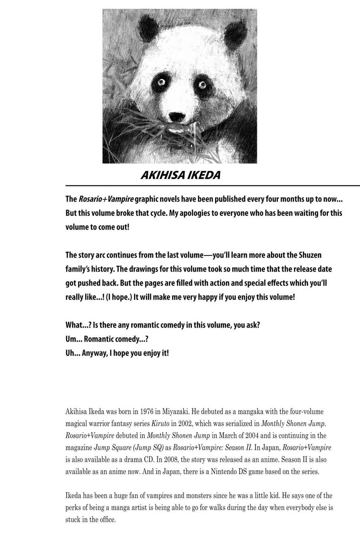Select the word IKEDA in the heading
[205, 175]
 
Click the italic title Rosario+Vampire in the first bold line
[106, 199]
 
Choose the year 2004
[256, 436]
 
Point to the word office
[107, 520]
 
